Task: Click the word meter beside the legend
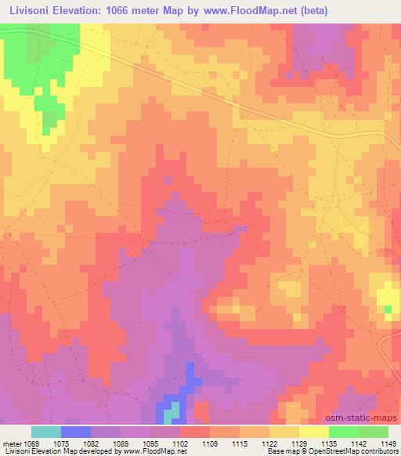click(16, 443)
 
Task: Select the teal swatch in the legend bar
click(46, 432)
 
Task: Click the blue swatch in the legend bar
click(76, 432)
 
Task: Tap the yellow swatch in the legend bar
click(314, 432)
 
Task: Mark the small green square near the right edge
click(388, 309)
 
